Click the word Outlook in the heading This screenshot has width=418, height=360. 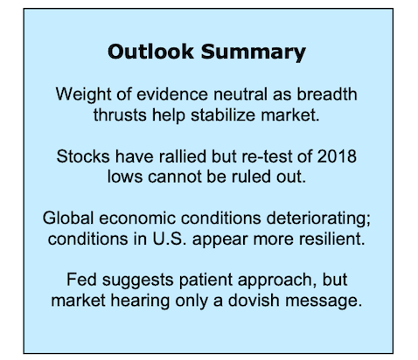point(150,52)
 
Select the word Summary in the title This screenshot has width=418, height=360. point(254,53)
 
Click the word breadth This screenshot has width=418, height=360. point(327,94)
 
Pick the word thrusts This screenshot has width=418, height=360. point(120,114)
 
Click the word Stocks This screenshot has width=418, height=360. point(83,156)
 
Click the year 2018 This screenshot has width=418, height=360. point(337,156)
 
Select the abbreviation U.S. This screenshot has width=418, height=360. point(170,239)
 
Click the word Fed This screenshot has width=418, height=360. point(81,280)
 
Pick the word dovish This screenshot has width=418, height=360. point(254,301)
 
